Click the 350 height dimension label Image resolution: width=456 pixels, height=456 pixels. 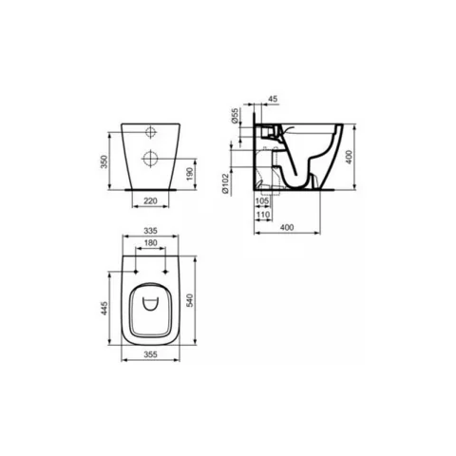(x=104, y=161)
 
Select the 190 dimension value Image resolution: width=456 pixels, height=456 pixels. (x=190, y=174)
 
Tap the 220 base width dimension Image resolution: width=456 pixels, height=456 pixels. (x=150, y=200)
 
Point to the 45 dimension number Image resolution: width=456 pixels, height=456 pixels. (x=273, y=99)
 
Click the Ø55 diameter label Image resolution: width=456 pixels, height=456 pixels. (x=235, y=116)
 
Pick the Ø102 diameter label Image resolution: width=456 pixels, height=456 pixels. (x=225, y=183)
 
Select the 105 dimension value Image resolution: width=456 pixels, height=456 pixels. (x=262, y=200)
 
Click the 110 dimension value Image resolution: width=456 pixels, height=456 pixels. (x=263, y=215)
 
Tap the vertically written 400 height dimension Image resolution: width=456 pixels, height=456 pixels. (x=349, y=157)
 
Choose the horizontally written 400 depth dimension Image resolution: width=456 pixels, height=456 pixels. (x=287, y=227)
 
